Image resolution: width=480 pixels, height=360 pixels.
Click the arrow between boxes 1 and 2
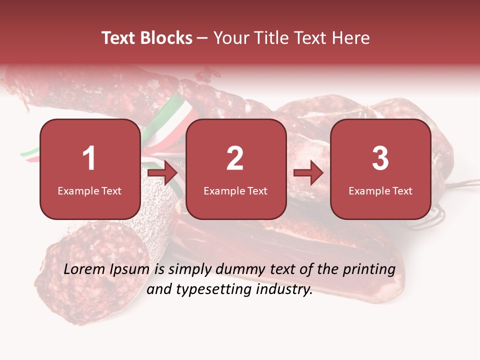(x=163, y=173)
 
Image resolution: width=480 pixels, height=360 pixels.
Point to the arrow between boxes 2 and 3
(x=308, y=173)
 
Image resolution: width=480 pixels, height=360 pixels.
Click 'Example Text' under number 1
(x=89, y=190)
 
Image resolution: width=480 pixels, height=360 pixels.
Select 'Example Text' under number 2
(x=235, y=190)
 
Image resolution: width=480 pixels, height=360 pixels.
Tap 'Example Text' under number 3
(x=380, y=190)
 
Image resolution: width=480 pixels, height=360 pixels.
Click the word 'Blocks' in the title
(x=166, y=38)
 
